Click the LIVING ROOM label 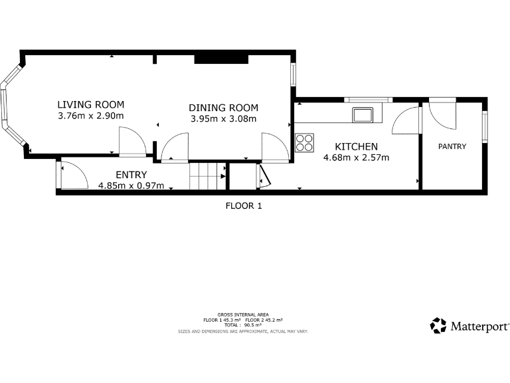91,104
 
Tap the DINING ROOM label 223,108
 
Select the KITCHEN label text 356,146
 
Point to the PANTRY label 452,146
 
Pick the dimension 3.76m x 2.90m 91,116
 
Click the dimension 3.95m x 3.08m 223,119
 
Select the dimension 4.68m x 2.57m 356,158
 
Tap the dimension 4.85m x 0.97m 131,186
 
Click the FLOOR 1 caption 244,205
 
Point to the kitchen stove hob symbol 305,142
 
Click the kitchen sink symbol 363,114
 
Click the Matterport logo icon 438,325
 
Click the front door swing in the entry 73,176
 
